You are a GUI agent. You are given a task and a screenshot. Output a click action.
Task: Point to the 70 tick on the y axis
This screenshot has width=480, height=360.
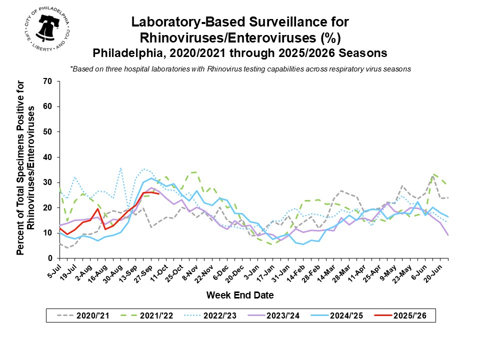click(49, 81)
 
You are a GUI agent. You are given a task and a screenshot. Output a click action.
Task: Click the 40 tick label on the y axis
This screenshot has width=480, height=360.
click(49, 157)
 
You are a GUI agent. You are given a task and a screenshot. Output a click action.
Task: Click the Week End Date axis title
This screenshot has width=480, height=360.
click(240, 295)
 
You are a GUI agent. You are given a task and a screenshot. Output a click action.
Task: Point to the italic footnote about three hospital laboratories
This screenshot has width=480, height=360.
click(240, 69)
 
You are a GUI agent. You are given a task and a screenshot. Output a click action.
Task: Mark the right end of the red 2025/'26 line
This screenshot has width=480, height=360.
click(158, 193)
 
